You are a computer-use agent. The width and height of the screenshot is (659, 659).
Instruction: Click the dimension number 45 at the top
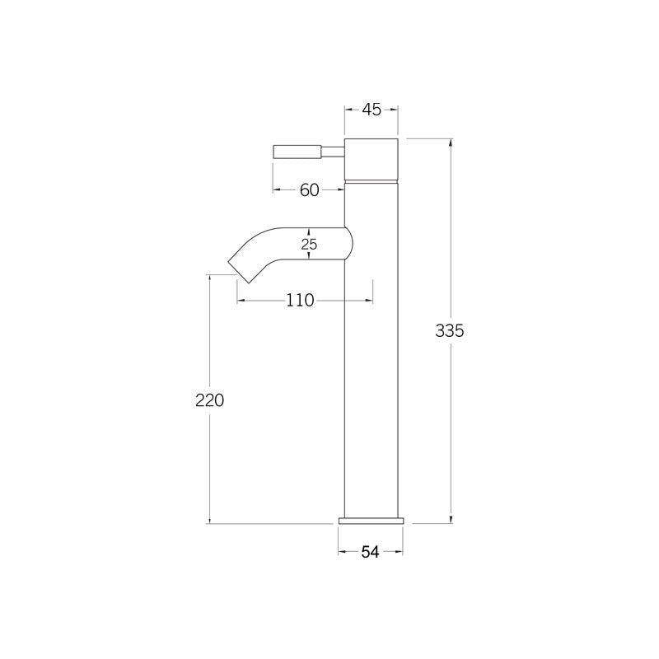point(371,110)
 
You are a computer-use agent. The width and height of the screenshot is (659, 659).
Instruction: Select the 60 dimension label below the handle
point(309,190)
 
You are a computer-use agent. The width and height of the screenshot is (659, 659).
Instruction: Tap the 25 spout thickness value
point(309,245)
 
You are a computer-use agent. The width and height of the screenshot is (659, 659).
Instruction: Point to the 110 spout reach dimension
point(301,301)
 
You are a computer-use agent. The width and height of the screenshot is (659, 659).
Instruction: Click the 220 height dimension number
point(210,401)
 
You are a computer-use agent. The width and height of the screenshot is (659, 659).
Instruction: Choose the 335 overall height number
point(450,331)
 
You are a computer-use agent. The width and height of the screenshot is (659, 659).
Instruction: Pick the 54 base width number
point(370,553)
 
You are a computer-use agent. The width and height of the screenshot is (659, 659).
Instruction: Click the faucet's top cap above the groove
point(371,157)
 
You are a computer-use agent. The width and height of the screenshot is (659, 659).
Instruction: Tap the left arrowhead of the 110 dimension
point(241,301)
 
